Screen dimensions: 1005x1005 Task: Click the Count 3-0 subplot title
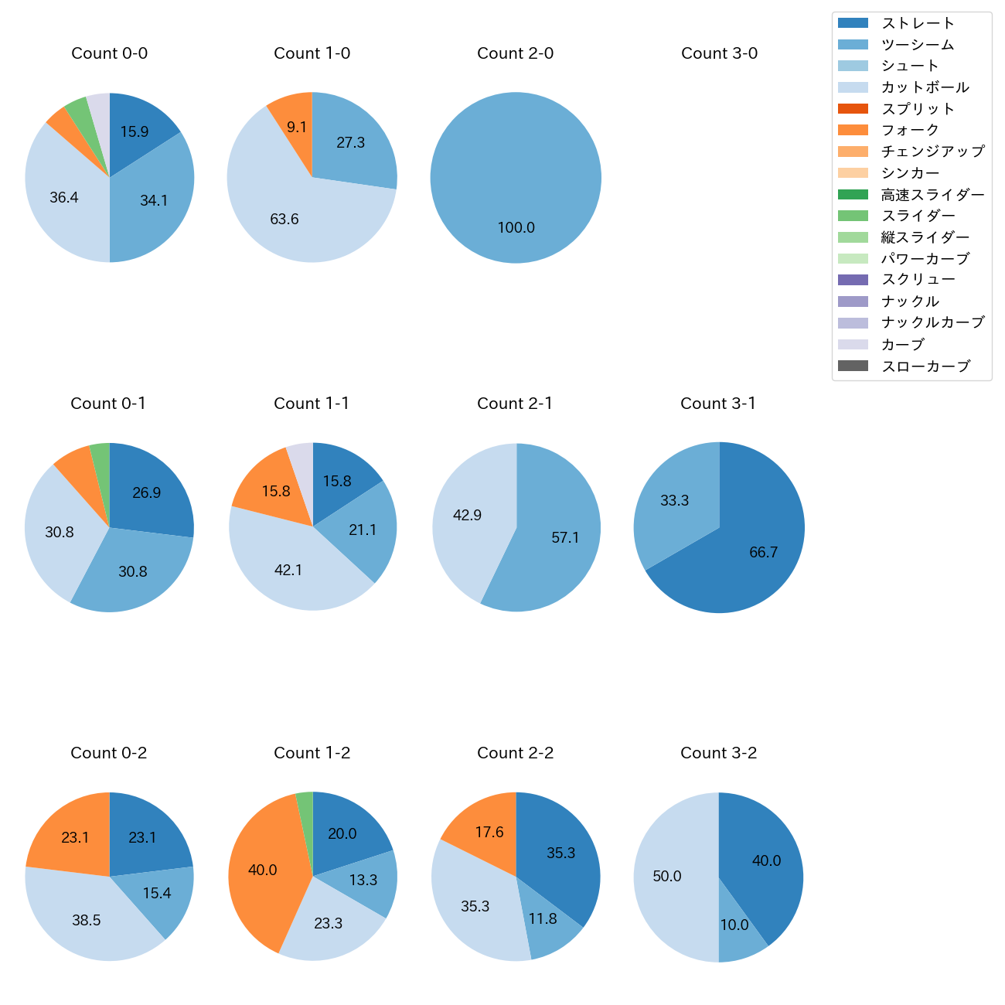click(x=719, y=53)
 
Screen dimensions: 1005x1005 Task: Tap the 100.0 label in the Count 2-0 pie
click(x=516, y=228)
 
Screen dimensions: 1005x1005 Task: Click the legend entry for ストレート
click(x=918, y=23)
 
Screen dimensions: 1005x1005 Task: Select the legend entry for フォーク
click(x=910, y=130)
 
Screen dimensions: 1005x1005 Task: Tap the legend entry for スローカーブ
click(x=925, y=366)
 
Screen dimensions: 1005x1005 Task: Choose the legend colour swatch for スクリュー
click(x=853, y=280)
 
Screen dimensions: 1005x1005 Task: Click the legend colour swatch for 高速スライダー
click(x=853, y=194)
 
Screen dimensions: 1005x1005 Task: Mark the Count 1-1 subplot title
click(x=312, y=404)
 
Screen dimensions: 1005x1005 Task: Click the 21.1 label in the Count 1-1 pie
click(x=363, y=530)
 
